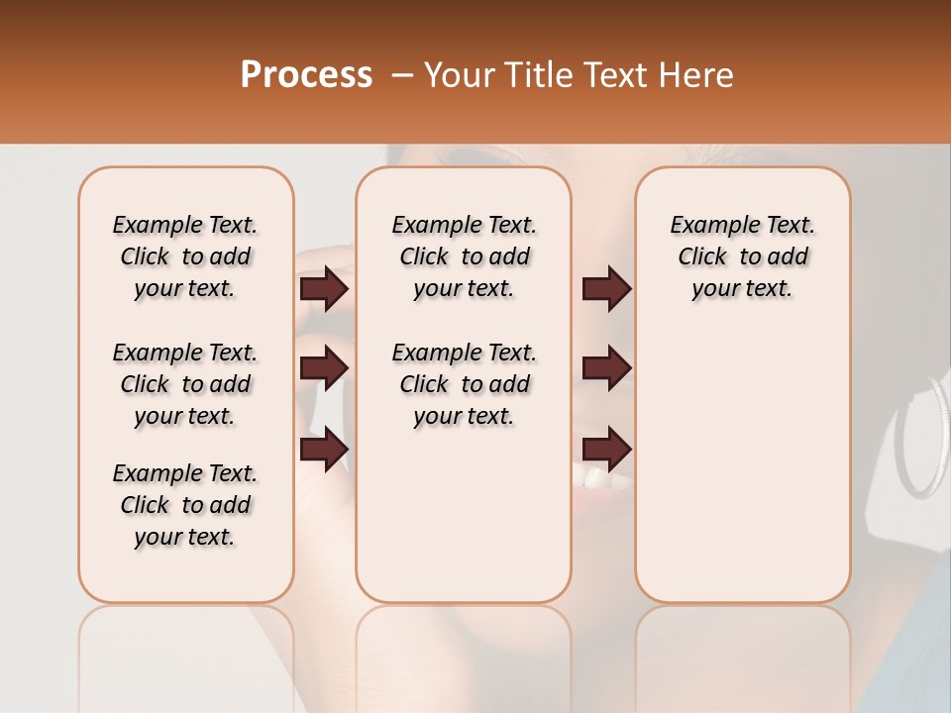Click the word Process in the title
point(306,75)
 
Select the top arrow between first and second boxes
point(324,288)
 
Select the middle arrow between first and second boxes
point(324,368)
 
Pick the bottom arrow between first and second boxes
point(324,449)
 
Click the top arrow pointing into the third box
point(606,288)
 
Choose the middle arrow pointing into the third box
point(606,368)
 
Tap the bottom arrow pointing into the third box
point(606,449)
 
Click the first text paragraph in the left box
point(185,256)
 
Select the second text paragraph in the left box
point(185,384)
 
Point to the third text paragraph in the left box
point(185,505)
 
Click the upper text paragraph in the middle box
point(464,256)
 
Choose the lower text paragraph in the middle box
point(464,384)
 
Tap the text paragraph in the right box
point(742,256)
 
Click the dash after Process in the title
point(401,75)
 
